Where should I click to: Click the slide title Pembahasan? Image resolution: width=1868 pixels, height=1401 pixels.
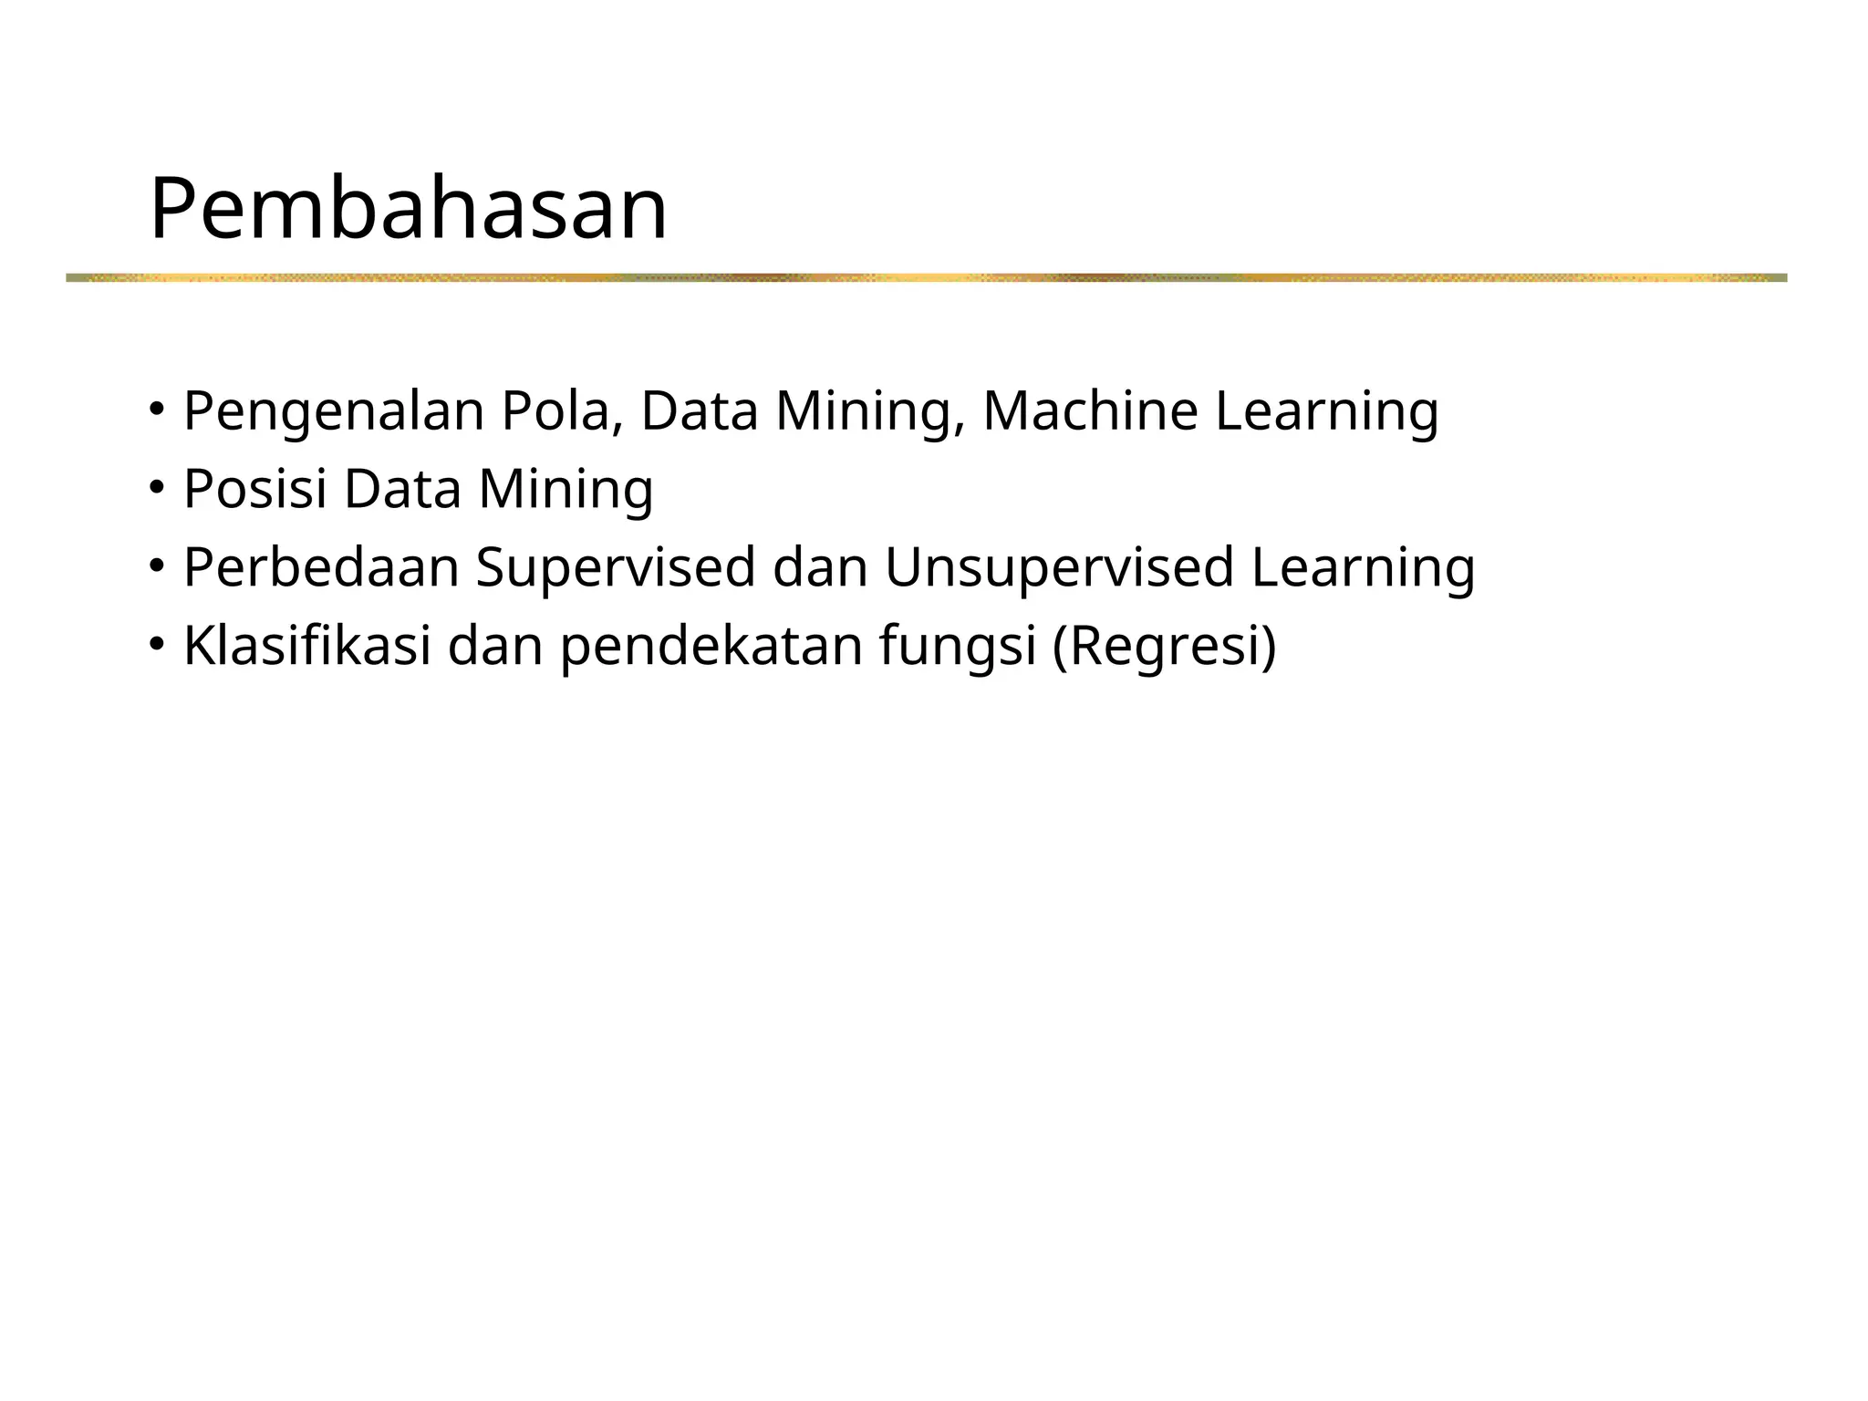[408, 209]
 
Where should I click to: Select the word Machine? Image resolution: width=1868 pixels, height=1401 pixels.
[1090, 411]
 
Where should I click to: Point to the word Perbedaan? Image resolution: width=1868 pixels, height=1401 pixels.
[321, 567]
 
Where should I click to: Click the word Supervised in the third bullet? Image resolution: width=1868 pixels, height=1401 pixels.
[616, 567]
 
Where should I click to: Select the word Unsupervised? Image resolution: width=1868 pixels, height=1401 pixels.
[1059, 567]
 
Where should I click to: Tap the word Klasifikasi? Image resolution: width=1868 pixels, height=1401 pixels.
[307, 646]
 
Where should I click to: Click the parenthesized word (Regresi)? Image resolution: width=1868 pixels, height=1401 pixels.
[1164, 646]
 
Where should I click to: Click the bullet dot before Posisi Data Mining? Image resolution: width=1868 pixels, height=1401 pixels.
[157, 488]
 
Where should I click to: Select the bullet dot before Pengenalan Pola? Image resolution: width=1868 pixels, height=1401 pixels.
[157, 410]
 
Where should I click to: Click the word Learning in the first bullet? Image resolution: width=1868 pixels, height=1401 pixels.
[1327, 411]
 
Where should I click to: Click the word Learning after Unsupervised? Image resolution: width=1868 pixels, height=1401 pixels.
[1363, 567]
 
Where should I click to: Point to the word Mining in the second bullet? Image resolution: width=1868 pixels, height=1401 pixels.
[566, 490]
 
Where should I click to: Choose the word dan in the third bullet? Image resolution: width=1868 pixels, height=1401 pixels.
[820, 567]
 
